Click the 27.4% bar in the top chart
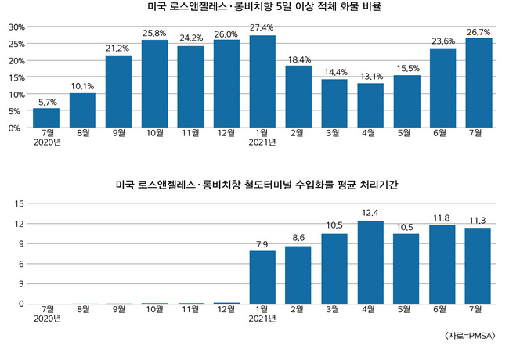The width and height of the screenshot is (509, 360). (x=262, y=81)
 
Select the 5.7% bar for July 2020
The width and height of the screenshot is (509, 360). (x=46, y=118)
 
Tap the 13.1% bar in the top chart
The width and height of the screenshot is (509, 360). (x=370, y=106)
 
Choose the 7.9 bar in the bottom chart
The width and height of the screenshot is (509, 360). (x=262, y=277)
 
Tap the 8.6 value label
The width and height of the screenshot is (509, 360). (x=298, y=237)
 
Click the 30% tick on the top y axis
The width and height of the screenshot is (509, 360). (x=15, y=27)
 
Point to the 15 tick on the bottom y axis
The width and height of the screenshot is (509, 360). (x=19, y=203)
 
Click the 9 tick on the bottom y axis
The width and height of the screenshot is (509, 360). (x=21, y=243)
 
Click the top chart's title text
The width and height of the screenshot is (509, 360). (x=258, y=8)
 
